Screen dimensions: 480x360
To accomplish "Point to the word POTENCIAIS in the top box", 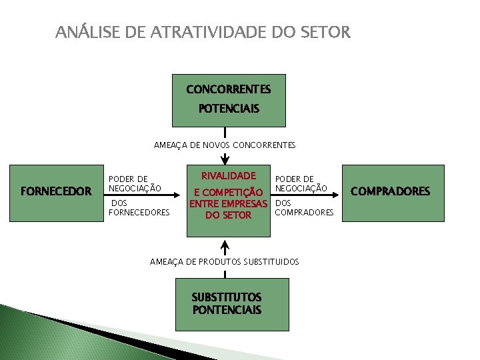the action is (229, 108).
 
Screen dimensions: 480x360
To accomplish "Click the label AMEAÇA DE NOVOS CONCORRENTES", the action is (225, 145).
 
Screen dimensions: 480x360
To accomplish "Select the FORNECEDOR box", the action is (57, 192).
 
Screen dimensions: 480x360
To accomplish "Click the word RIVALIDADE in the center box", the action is (229, 176).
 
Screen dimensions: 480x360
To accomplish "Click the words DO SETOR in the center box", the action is (229, 215).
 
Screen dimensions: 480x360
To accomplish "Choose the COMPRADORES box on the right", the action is (391, 192).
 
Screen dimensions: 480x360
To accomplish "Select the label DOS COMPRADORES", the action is (304, 208).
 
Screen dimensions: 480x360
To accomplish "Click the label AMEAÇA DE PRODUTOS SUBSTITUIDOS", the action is (225, 262).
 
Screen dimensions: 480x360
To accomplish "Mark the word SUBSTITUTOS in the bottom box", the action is (227, 297).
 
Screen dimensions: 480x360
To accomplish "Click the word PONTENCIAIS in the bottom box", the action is (227, 310).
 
